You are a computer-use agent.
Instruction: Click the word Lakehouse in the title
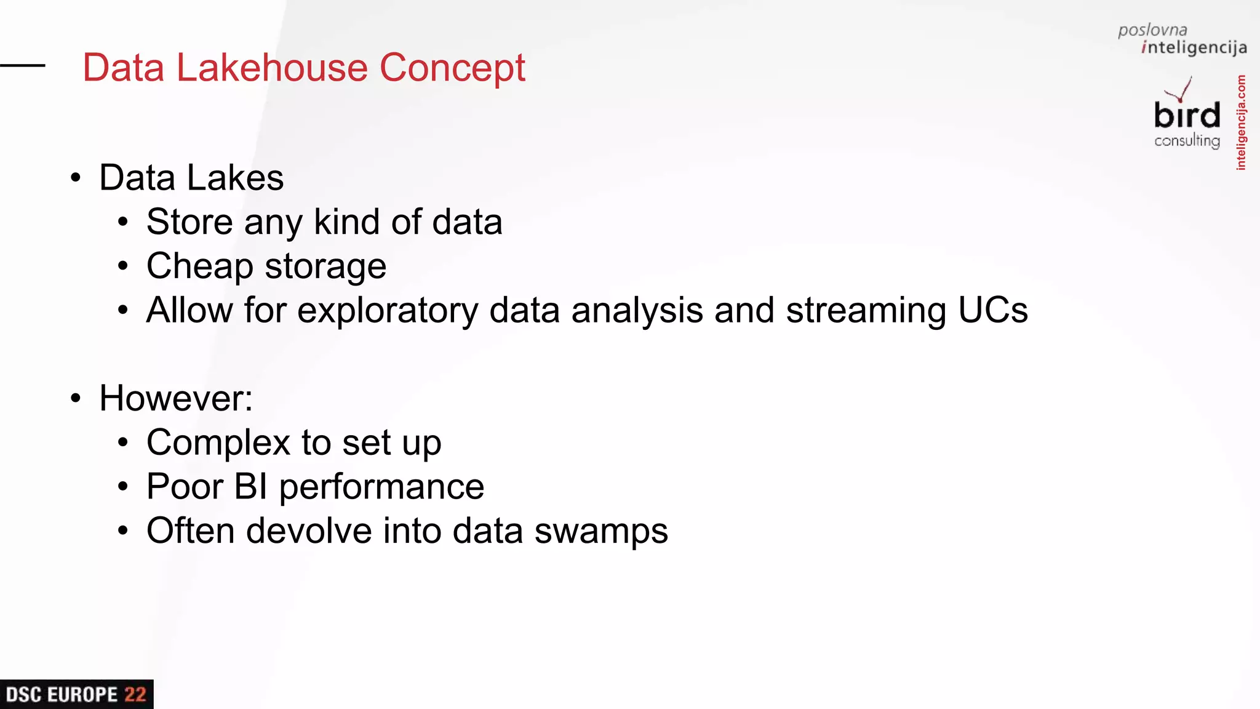pyautogui.click(x=272, y=68)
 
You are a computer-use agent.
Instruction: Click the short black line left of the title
pyautogui.click(x=23, y=65)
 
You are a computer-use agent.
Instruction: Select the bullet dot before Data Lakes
pyautogui.click(x=76, y=178)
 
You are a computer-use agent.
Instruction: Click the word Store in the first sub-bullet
pyautogui.click(x=189, y=222)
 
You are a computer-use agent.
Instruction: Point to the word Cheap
pyautogui.click(x=199, y=267)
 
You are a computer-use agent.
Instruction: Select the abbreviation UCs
pyautogui.click(x=993, y=310)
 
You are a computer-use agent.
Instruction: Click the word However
pyautogui.click(x=175, y=398)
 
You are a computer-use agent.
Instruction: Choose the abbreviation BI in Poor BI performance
pyautogui.click(x=250, y=487)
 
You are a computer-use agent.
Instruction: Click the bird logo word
pyautogui.click(x=1187, y=116)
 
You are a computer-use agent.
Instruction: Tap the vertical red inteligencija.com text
pyautogui.click(x=1241, y=122)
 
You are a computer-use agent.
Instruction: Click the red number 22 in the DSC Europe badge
pyautogui.click(x=135, y=695)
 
